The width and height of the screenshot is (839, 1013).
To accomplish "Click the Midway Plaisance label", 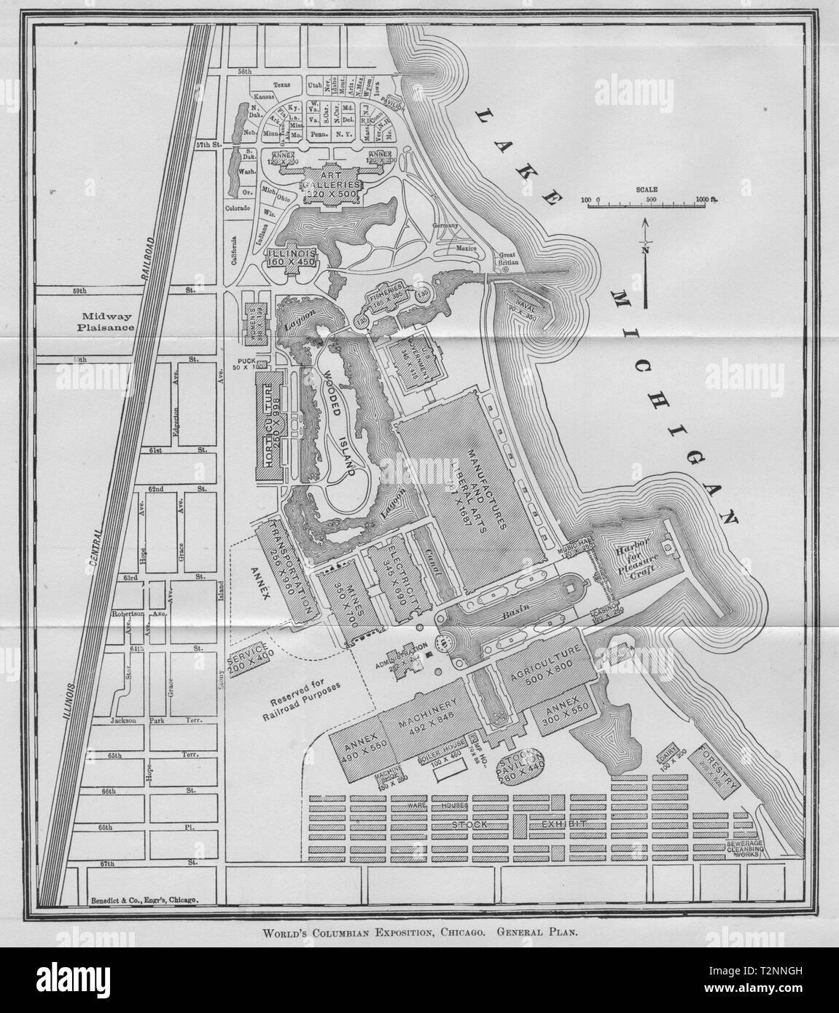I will click(107, 321).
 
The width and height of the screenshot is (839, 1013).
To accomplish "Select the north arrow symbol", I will click(644, 259).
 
